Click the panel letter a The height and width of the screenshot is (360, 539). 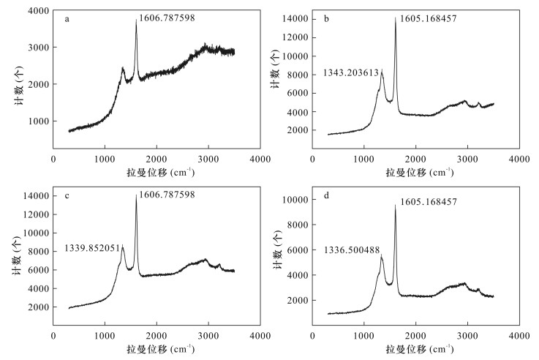tap(67, 20)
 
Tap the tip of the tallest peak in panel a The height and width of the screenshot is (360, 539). tap(136, 20)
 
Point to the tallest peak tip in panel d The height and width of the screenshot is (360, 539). tap(395, 205)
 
